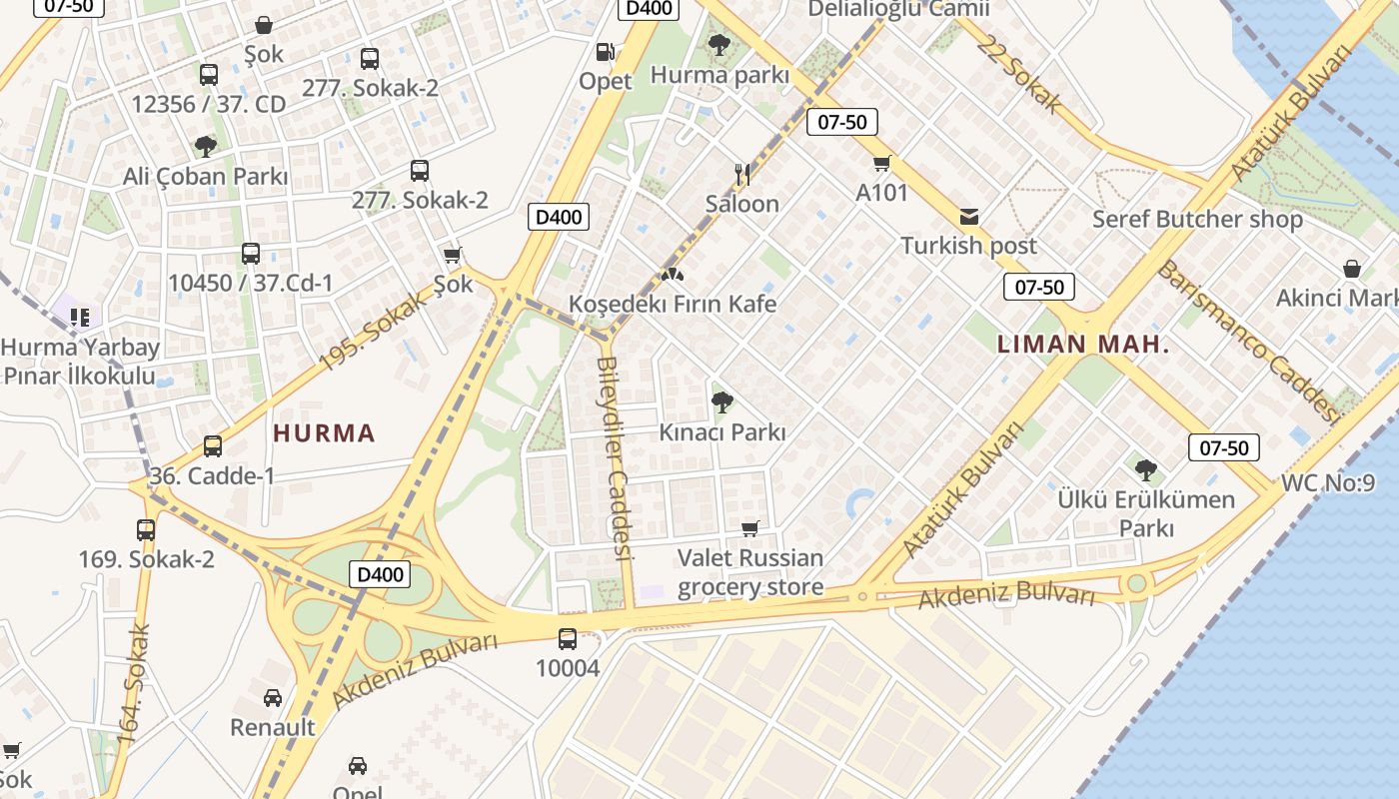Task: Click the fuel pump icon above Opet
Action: coord(605,51)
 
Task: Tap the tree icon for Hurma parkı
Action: coord(717,44)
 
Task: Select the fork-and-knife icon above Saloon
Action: coord(741,175)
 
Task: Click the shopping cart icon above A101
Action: coord(881,163)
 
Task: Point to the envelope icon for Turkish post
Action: coord(968,217)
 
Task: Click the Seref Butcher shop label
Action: coord(1197,219)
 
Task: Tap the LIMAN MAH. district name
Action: coord(1083,345)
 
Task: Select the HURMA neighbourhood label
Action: coord(324,433)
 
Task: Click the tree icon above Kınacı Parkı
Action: coord(721,402)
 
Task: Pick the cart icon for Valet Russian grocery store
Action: coord(749,528)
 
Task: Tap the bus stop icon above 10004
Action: coord(568,638)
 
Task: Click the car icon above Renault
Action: coord(273,697)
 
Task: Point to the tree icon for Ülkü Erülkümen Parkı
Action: coord(1146,469)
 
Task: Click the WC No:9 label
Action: coord(1327,484)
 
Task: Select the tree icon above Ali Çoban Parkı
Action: coord(206,147)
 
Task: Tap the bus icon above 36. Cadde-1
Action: coord(213,446)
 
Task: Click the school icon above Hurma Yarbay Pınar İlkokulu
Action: coord(80,318)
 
